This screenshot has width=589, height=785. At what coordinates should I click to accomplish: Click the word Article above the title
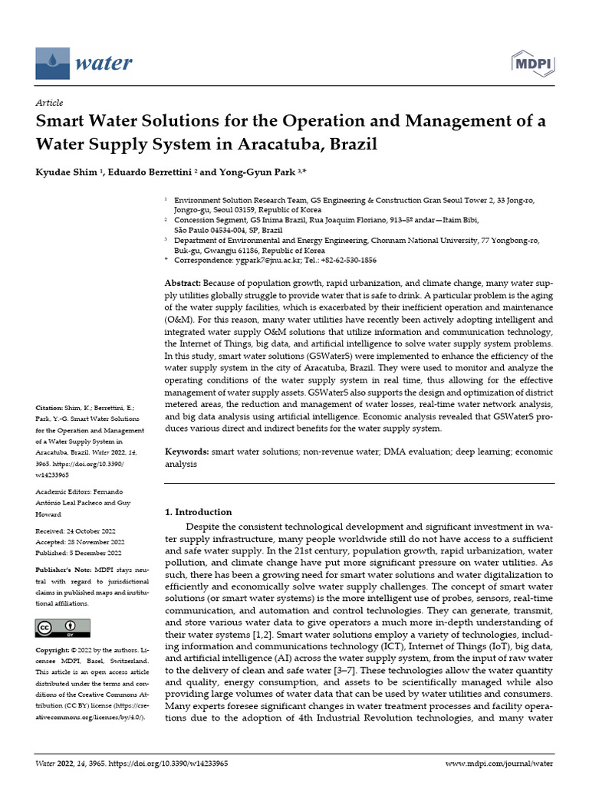click(50, 103)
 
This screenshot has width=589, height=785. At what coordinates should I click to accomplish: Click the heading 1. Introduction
click(199, 511)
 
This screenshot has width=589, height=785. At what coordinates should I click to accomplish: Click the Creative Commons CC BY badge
click(58, 628)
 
